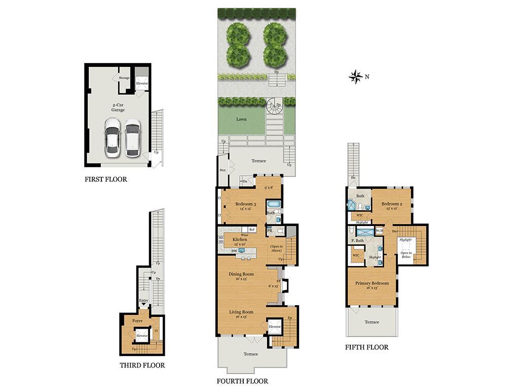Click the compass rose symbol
[355, 77]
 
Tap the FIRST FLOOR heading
[106, 179]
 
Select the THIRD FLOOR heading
[142, 365]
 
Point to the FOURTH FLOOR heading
[242, 381]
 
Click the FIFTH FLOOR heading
[366, 347]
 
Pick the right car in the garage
[133, 137]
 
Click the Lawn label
[241, 119]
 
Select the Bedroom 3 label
[245, 204]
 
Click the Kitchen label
[240, 240]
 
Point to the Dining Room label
[241, 275]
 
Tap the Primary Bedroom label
[372, 283]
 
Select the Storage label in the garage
[124, 78]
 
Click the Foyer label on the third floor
[137, 321]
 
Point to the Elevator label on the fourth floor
[275, 327]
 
